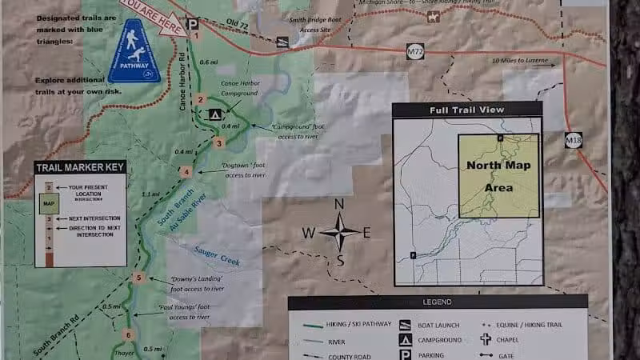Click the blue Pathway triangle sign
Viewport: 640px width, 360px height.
tap(134, 54)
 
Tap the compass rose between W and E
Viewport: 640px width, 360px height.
tap(339, 233)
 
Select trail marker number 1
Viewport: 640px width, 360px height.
tap(194, 36)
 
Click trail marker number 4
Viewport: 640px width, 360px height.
tap(186, 171)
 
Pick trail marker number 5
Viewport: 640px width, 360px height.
tap(138, 278)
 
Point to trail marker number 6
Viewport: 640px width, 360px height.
tap(127, 334)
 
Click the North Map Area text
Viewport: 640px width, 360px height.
tap(498, 178)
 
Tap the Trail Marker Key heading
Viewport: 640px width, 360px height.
tap(80, 167)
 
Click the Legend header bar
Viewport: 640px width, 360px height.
tap(437, 302)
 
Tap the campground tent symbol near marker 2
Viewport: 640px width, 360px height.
tap(214, 114)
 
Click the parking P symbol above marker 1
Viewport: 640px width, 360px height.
tap(192, 23)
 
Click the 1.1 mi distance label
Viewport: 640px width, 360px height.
tap(150, 194)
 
